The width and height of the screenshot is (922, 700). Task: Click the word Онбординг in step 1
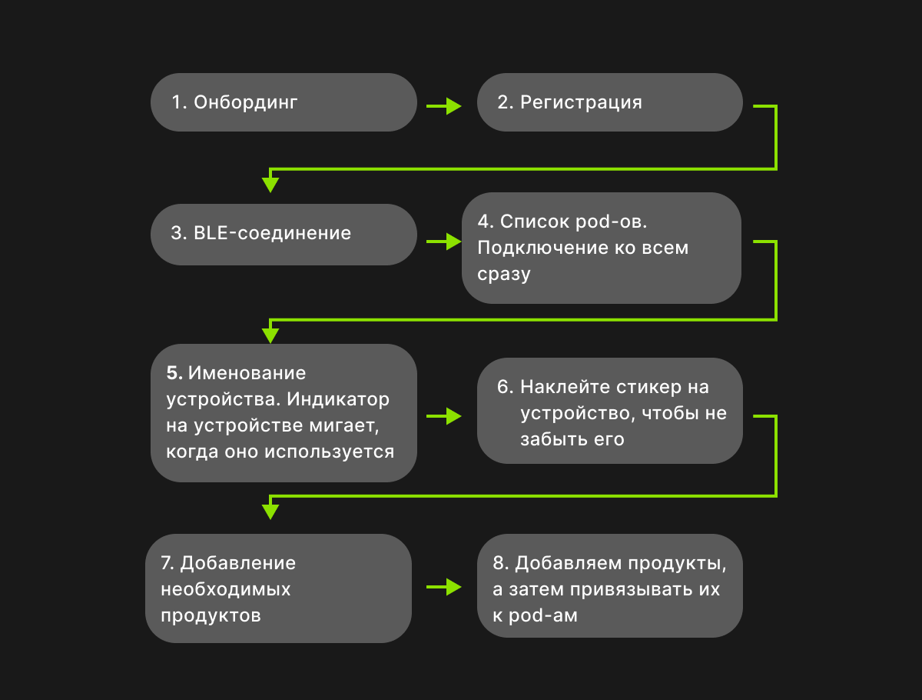245,102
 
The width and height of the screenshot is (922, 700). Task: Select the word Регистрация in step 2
582,102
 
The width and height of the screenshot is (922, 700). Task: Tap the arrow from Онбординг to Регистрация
444,106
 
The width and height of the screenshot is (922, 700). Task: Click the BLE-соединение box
284,234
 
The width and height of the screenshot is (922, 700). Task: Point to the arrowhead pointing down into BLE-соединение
270,185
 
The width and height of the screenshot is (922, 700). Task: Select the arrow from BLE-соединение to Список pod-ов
444,242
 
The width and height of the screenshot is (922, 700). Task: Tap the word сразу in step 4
504,274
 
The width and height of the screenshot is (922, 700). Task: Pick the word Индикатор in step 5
338,399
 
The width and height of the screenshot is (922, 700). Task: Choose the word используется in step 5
330,452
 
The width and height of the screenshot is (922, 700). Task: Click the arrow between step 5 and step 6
444,416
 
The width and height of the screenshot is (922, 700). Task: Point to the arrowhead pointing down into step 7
270,512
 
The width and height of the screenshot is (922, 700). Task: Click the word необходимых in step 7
226,589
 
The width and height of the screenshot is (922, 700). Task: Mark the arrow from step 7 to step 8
444,587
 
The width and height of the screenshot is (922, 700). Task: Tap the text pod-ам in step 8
543,615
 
